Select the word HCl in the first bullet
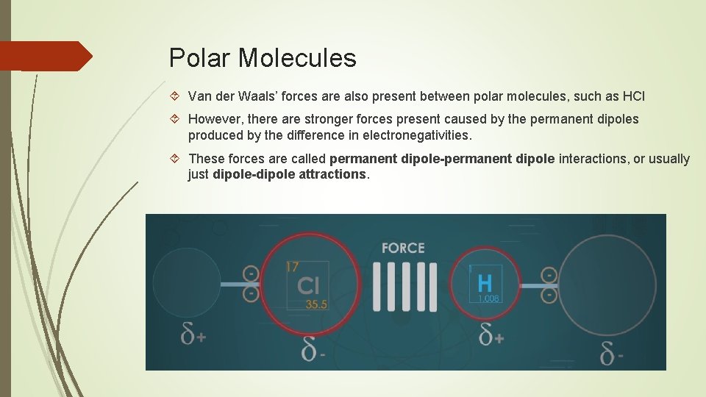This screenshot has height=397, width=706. (634, 96)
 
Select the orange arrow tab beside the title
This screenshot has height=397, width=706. (44, 56)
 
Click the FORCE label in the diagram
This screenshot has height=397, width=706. (403, 248)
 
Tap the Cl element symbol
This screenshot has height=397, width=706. (308, 286)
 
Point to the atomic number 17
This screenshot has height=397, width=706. (293, 268)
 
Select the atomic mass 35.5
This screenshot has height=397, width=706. (316, 304)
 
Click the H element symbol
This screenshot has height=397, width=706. (485, 282)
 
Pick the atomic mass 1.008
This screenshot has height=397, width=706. (488, 298)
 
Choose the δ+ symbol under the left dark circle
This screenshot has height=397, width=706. (193, 335)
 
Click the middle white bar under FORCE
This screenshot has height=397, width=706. (403, 286)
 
